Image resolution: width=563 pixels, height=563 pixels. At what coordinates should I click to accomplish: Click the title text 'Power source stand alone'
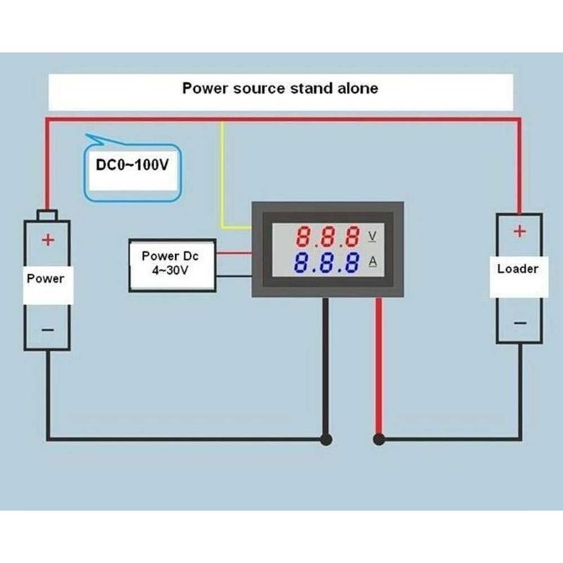[280, 89]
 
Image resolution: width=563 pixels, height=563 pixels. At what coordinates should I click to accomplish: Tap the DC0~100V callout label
[132, 165]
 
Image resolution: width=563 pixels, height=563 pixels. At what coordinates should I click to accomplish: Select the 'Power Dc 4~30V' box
[172, 265]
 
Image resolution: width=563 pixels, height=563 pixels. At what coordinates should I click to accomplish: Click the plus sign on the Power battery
[48, 239]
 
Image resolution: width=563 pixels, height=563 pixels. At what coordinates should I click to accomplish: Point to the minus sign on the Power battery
[48, 329]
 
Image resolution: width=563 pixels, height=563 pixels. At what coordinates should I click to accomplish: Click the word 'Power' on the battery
[46, 279]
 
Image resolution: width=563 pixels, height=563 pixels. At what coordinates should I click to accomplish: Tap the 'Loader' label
[518, 269]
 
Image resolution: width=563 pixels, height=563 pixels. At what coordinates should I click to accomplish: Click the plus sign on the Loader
[519, 232]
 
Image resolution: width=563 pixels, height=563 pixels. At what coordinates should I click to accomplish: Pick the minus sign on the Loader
[520, 323]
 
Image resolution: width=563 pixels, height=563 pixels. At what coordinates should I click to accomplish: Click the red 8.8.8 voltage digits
[327, 236]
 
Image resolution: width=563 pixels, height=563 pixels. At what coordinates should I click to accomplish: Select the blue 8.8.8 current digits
[327, 262]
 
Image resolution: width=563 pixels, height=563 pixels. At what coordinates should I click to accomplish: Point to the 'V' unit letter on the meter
[372, 236]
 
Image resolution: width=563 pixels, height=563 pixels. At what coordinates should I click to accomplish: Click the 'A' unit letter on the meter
[373, 262]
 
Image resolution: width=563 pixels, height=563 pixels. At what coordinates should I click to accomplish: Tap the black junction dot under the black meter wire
[326, 439]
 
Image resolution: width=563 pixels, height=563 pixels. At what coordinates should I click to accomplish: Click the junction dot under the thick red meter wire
[379, 439]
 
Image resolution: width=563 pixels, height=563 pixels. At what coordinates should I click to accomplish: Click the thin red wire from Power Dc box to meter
[234, 253]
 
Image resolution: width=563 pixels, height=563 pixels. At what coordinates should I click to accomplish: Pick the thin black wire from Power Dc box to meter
[234, 276]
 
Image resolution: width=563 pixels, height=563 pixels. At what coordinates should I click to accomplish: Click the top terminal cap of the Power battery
[47, 215]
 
